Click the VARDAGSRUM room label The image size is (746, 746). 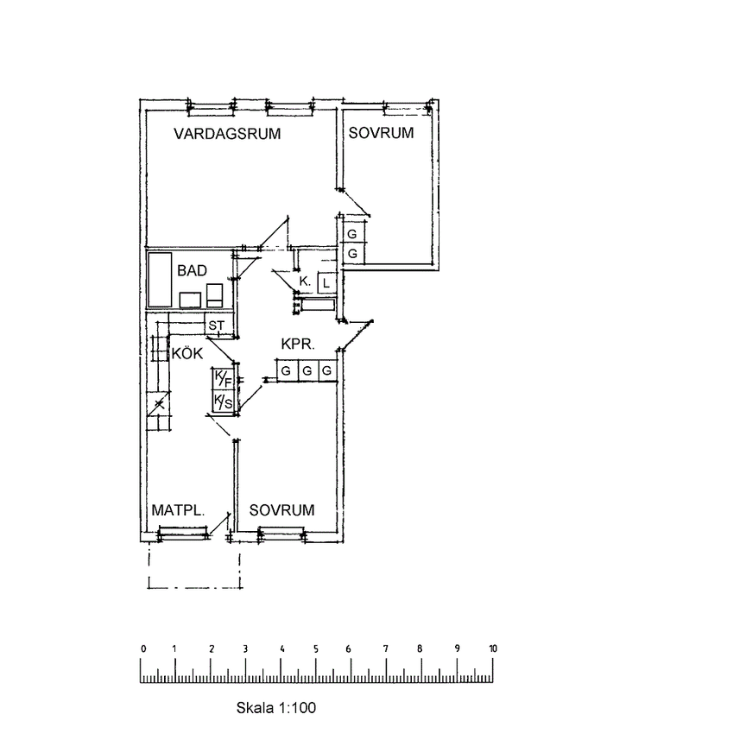click(228, 134)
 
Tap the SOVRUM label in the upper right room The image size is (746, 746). click(381, 133)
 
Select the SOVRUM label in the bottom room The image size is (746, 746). click(281, 510)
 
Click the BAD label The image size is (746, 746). click(192, 270)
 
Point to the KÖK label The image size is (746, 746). click(187, 353)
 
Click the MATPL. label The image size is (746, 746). click(178, 510)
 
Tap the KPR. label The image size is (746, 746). click(298, 345)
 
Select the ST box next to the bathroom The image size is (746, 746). click(216, 326)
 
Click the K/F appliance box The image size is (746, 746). click(223, 379)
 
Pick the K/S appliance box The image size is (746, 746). click(223, 401)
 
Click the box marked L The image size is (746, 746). click(326, 281)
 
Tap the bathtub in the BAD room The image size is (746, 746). click(159, 279)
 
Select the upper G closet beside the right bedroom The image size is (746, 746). click(352, 234)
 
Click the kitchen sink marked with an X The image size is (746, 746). click(159, 403)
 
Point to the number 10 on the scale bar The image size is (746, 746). click(492, 648)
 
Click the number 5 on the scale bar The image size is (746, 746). click(316, 648)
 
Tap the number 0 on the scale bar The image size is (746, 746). click(142, 648)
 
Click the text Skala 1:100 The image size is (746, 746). click(276, 707)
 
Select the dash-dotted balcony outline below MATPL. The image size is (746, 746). click(195, 587)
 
